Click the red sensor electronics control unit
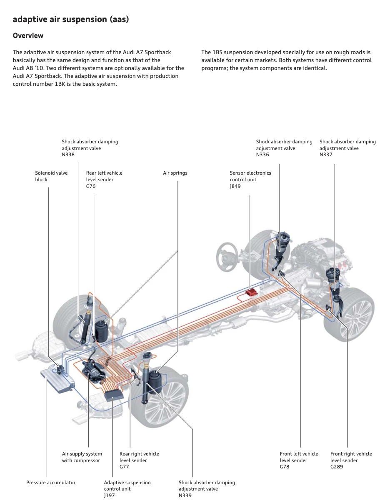(251, 293)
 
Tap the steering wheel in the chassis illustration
(227, 257)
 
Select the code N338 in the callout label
(68, 154)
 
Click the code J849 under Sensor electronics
(235, 186)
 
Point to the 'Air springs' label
(175, 173)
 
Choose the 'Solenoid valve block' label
(51, 176)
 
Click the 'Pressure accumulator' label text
(51, 483)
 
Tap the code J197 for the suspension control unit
(109, 495)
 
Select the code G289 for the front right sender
(337, 466)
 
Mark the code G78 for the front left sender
(285, 466)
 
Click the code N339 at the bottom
(185, 495)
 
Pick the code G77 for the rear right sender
(124, 466)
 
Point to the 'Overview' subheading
(28, 35)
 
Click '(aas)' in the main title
(119, 19)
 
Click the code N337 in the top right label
(326, 154)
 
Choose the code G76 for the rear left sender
(91, 186)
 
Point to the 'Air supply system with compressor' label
(82, 457)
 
